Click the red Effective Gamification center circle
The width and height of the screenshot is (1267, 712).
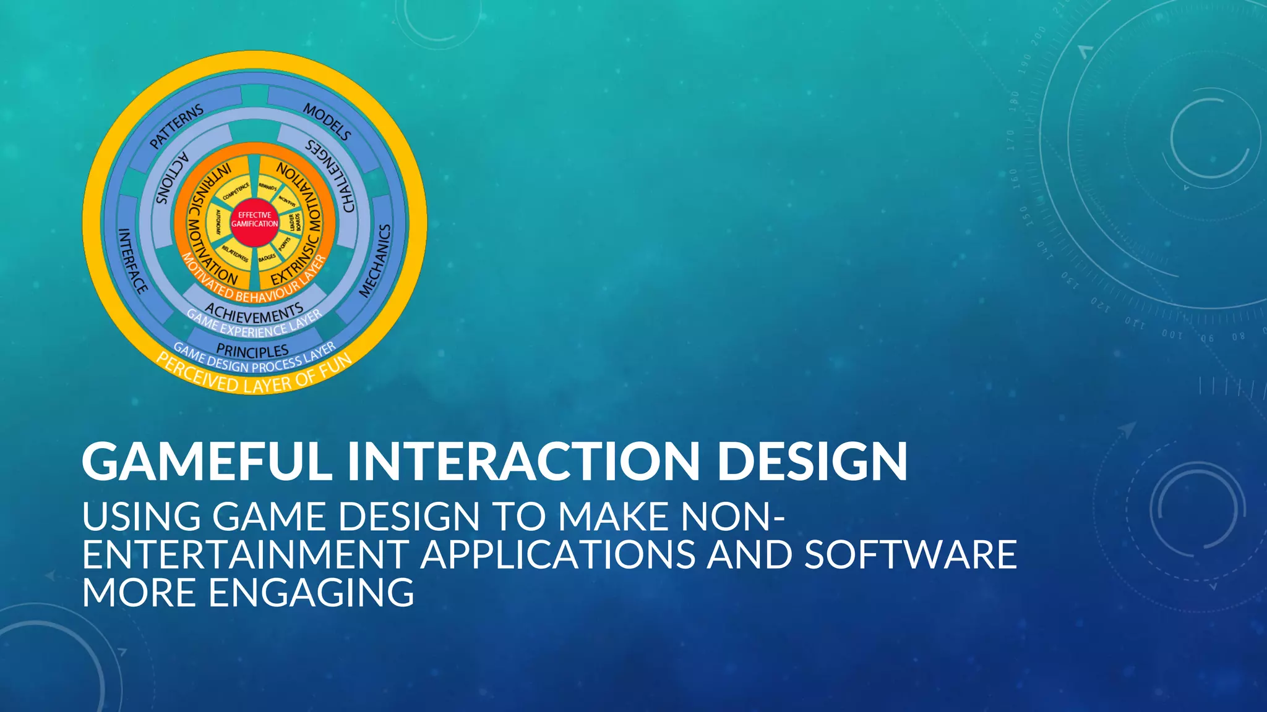tap(254, 219)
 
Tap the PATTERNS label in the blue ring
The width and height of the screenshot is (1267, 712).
tap(176, 126)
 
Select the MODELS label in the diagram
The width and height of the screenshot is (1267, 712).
tap(327, 122)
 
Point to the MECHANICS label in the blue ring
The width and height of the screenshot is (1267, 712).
tap(376, 260)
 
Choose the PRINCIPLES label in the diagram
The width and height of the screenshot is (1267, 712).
tap(252, 350)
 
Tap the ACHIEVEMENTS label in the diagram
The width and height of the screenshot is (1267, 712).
tap(254, 313)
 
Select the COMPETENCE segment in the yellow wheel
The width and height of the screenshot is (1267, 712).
tap(235, 191)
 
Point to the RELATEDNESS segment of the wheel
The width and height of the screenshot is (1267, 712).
tap(235, 253)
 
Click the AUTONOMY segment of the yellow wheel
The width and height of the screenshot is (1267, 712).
tap(218, 221)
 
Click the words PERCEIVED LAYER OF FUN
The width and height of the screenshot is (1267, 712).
tap(254, 377)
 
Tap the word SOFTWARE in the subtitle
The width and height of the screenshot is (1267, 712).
tap(910, 554)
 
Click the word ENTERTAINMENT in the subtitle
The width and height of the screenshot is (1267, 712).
tap(245, 554)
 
